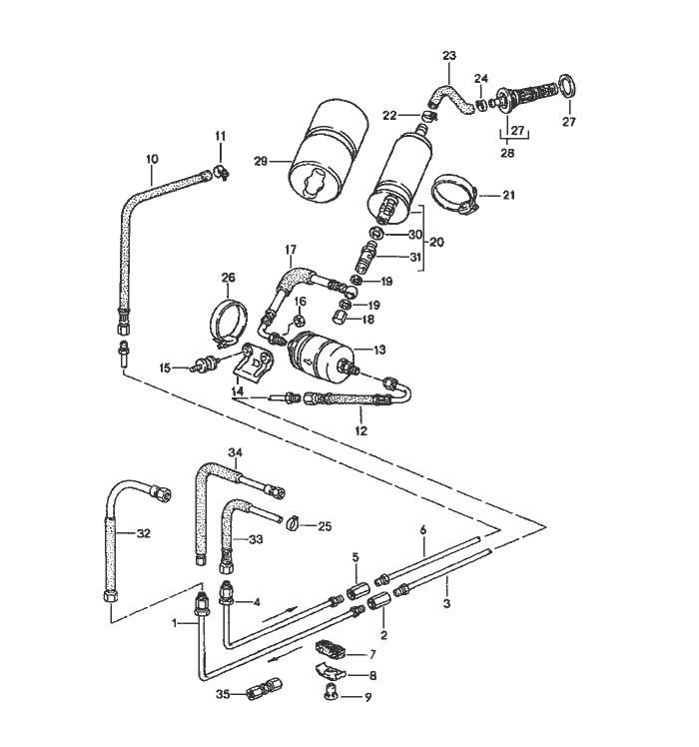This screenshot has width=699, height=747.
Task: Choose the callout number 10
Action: [152, 158]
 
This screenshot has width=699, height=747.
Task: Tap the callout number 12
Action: [360, 431]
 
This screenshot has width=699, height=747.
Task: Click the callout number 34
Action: [235, 452]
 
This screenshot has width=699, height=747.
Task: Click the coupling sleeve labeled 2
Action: [379, 603]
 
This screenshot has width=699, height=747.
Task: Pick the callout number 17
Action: [292, 249]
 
